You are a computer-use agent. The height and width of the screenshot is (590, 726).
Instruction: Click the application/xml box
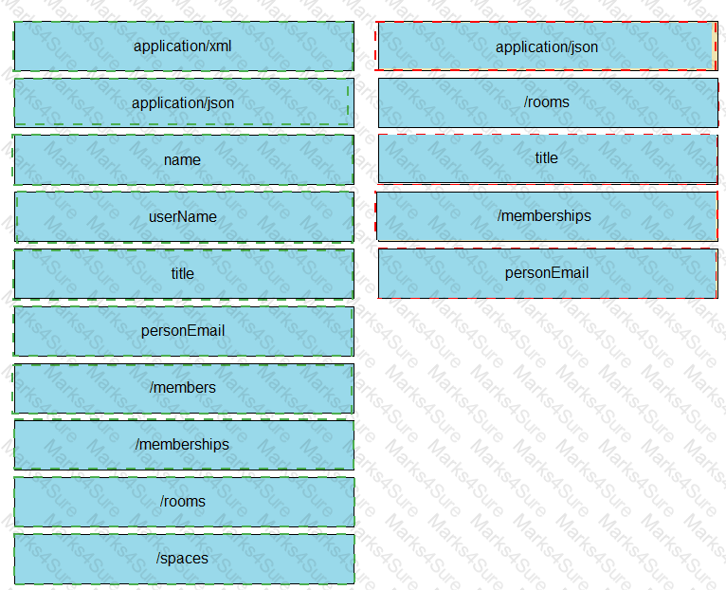point(184,46)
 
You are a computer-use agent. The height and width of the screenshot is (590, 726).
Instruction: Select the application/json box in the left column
point(184,102)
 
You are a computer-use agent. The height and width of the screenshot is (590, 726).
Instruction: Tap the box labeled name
point(184,160)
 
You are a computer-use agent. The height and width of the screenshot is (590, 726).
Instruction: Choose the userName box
point(184,217)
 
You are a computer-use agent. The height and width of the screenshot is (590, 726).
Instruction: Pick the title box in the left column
point(184,274)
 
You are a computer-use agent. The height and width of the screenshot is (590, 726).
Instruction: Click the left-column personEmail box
point(184,331)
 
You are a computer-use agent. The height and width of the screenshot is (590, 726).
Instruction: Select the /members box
point(184,388)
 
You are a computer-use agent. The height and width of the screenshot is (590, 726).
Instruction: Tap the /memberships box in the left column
point(184,445)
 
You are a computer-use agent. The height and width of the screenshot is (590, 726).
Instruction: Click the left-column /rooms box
point(184,502)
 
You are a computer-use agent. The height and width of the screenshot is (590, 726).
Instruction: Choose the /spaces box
point(184,559)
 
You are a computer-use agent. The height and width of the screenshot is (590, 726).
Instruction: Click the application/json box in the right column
point(546,46)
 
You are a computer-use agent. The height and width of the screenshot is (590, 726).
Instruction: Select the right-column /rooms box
point(548,102)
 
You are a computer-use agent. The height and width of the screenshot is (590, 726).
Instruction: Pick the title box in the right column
point(548,159)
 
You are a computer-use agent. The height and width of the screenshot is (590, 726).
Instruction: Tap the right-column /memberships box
point(547,216)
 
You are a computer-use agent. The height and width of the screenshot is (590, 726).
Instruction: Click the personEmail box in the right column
point(548,273)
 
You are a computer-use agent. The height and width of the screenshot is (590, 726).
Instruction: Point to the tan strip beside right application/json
point(714,46)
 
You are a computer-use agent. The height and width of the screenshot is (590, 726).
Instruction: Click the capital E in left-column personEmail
point(186,330)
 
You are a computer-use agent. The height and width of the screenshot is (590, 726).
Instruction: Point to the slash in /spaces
point(158,558)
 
